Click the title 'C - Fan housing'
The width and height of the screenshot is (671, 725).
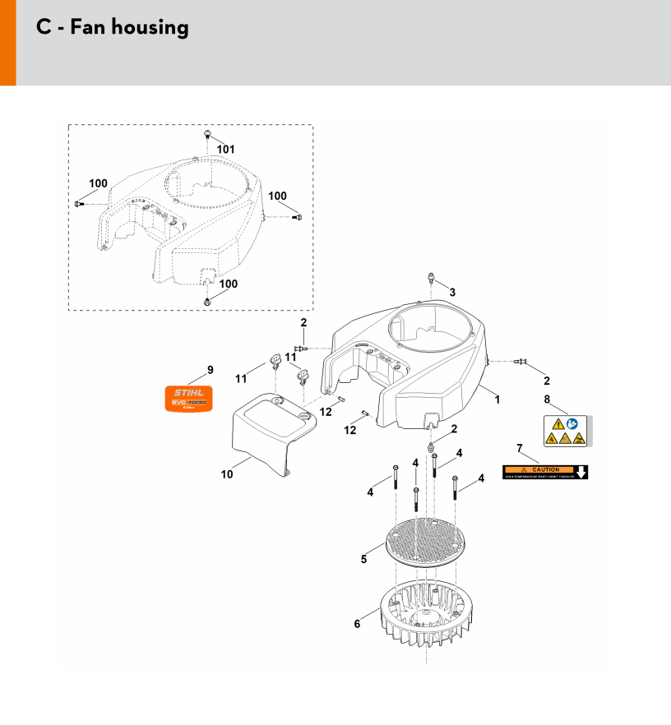113,27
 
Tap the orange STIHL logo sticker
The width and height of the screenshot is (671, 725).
187,398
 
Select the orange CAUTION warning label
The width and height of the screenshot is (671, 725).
546,472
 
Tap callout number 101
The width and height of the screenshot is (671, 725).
225,150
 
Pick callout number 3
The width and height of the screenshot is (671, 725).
451,292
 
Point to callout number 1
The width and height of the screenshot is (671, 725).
497,399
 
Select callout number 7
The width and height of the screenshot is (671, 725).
519,448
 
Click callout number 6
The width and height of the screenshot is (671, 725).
357,624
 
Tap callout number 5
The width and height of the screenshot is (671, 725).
363,559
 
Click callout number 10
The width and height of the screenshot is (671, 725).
227,473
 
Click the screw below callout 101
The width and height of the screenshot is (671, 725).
207,135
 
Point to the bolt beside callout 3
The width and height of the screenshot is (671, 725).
430,277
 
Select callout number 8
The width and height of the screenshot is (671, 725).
547,399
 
